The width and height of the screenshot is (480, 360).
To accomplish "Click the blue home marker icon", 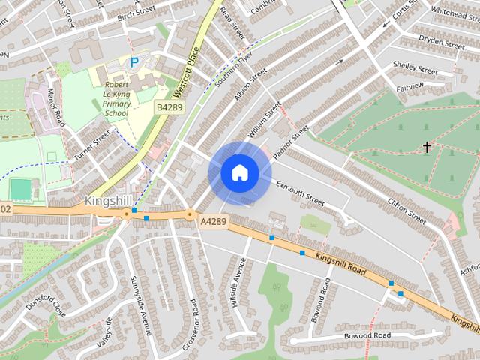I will (239, 173).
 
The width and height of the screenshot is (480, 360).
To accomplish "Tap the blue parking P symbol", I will (133, 63).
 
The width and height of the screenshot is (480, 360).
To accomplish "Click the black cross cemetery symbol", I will (427, 147).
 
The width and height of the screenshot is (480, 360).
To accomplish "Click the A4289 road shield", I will (213, 221).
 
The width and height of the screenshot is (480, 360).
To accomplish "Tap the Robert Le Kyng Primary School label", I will (118, 99).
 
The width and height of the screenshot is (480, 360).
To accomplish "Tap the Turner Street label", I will (91, 145).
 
